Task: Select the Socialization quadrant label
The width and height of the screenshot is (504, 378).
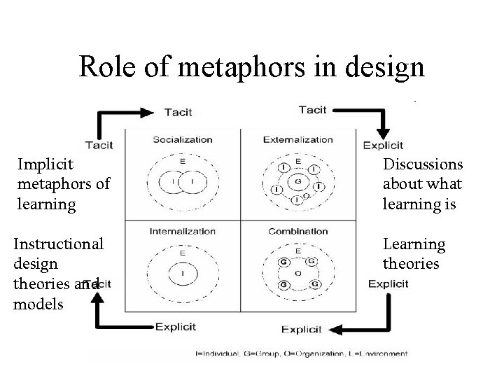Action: [x=183, y=139]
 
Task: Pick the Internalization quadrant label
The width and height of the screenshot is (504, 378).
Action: [x=183, y=230]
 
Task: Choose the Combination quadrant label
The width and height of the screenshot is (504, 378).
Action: [x=297, y=230]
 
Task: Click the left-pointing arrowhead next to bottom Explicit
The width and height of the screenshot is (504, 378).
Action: [x=337, y=328]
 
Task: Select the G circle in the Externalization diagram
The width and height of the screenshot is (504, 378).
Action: [x=298, y=182]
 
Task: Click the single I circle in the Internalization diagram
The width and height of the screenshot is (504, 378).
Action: [x=183, y=274]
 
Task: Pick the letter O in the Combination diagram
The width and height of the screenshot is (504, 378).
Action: [x=298, y=274]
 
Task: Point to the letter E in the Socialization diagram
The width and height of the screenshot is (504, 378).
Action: [x=183, y=162]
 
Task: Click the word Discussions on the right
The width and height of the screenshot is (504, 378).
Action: [x=423, y=164]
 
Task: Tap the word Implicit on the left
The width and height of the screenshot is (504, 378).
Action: [x=46, y=164]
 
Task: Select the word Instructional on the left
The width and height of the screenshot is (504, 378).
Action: [x=59, y=244]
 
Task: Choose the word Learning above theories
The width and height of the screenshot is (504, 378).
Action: [x=414, y=244]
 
